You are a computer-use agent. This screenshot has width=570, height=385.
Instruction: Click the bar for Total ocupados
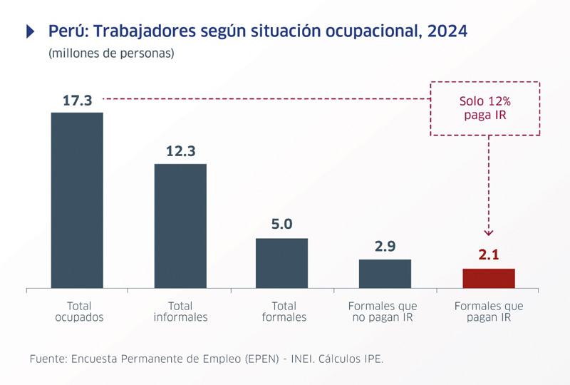(77, 200)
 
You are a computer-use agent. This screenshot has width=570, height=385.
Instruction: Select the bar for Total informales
(180, 226)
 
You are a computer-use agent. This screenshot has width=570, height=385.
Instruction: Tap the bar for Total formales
(281, 263)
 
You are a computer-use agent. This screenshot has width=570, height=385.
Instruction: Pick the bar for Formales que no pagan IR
(385, 274)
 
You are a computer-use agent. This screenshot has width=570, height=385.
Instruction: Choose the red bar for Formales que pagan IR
(488, 278)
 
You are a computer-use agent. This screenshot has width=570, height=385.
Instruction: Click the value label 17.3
(77, 101)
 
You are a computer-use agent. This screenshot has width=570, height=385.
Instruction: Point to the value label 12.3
(180, 151)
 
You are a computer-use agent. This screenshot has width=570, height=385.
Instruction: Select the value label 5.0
(281, 225)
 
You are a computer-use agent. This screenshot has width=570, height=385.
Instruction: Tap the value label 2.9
(385, 247)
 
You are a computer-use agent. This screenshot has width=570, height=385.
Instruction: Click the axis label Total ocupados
(79, 312)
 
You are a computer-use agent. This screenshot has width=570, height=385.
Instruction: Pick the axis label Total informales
(180, 312)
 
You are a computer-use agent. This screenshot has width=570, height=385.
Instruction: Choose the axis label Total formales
(284, 312)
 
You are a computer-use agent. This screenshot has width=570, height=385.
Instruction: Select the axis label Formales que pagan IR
(488, 312)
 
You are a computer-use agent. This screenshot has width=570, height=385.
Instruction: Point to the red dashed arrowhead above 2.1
(488, 231)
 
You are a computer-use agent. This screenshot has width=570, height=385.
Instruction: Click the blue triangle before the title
(30, 31)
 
